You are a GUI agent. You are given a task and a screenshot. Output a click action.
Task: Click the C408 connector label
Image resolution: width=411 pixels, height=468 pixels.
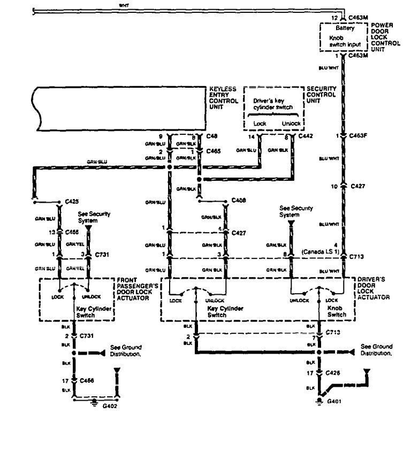coord(239,200)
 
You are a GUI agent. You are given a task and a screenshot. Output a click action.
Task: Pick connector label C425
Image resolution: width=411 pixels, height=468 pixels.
coord(72,202)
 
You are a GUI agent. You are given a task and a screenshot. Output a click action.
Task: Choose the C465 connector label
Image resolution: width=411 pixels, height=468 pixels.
coord(212,152)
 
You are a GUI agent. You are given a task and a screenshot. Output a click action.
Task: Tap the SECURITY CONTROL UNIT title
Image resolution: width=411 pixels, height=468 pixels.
coord(321,94)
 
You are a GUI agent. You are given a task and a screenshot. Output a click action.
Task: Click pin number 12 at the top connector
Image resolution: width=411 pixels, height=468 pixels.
coord(334,18)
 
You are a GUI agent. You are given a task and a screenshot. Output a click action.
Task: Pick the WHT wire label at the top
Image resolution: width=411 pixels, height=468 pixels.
coord(124,5)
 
